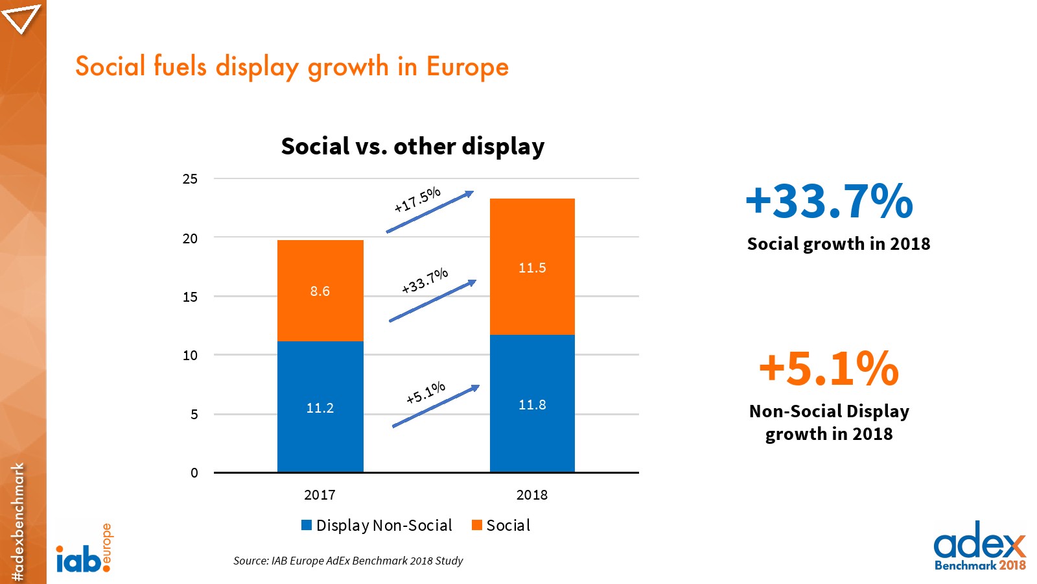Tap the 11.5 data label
pyautogui.click(x=532, y=268)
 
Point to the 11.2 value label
pyautogui.click(x=320, y=408)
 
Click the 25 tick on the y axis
pyautogui.click(x=190, y=179)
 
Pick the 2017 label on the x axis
pyautogui.click(x=320, y=495)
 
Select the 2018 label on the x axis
pyautogui.click(x=532, y=495)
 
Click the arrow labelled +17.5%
pyautogui.click(x=430, y=212)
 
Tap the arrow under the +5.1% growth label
pyautogui.click(x=436, y=406)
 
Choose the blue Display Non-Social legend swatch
pyautogui.click(x=307, y=525)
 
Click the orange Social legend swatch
pyautogui.click(x=477, y=525)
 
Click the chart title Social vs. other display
pyautogui.click(x=413, y=147)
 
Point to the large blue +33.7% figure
pyautogui.click(x=829, y=201)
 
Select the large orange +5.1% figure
pyautogui.click(x=829, y=369)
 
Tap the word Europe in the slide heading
pyautogui.click(x=467, y=67)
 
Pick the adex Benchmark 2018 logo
pyautogui.click(x=979, y=546)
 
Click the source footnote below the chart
pyautogui.click(x=348, y=561)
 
